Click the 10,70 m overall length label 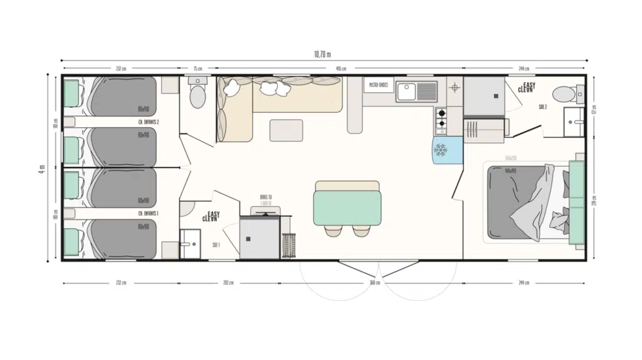coord(321,55)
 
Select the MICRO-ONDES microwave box coord(378,84)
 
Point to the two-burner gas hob coord(441,120)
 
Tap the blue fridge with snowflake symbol coord(446,151)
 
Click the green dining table coord(347,208)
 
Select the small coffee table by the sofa coord(286,130)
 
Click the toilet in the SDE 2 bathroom coord(564,93)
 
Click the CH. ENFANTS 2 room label coord(148,122)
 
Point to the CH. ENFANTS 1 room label coord(148,213)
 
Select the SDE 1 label coord(216,245)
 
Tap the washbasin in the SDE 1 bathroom coord(189,239)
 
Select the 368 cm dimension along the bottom coord(375,283)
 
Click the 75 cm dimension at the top coord(198,68)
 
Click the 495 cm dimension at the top coord(339,68)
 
